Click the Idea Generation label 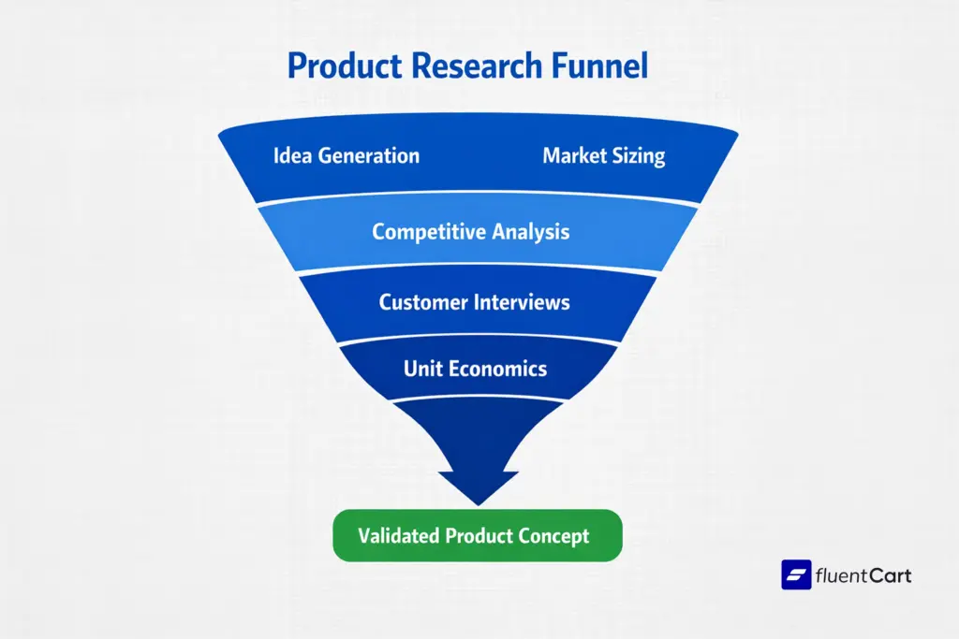click(347, 155)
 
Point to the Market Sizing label click(603, 155)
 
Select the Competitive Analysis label click(470, 231)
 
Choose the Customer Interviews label click(474, 302)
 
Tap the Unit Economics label click(475, 369)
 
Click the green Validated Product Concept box click(477, 536)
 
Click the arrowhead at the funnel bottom click(478, 482)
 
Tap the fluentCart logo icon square click(796, 574)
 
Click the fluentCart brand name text click(864, 574)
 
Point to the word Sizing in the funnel click(639, 156)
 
